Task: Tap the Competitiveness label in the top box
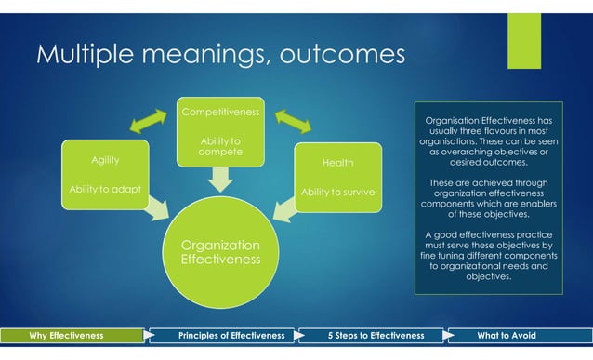point(220,113)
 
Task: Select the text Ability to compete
point(220,146)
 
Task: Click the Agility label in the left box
point(104,159)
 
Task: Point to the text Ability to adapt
point(104,190)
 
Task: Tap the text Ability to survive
point(336,193)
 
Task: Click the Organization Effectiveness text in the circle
point(221,252)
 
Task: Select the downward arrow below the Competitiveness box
point(221,179)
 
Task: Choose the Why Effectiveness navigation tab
point(67,335)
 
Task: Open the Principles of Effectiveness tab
point(218,335)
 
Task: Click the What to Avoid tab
point(514,335)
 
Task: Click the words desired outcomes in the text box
point(488,162)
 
